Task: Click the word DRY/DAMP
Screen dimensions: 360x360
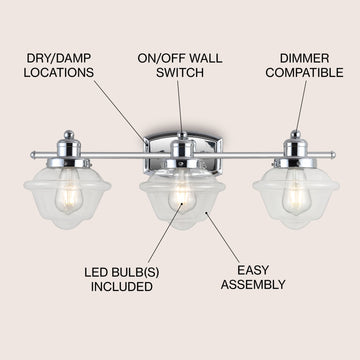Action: [x=58, y=58]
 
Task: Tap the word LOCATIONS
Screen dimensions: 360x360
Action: [x=58, y=73]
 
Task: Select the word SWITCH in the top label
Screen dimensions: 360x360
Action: [x=180, y=73]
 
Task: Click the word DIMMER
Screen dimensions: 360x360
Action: [x=304, y=58]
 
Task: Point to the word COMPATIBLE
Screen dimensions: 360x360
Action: [x=304, y=73]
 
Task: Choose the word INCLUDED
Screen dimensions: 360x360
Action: [x=122, y=287]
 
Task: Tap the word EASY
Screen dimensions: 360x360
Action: [x=253, y=270]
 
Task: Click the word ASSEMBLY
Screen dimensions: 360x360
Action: [x=253, y=285]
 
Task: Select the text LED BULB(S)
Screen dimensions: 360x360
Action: [x=122, y=272]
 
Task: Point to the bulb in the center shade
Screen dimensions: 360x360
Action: [x=182, y=197]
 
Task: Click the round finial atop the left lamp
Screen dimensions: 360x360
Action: [x=69, y=134]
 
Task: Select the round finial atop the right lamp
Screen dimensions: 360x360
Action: [x=295, y=134]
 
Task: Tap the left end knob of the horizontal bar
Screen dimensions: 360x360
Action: [x=33, y=155]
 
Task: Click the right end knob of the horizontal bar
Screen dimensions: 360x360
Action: [x=333, y=155]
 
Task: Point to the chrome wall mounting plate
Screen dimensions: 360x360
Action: [x=182, y=154]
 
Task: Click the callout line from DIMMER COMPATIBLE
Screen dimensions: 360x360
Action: [x=301, y=105]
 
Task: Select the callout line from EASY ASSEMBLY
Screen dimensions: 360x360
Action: [x=222, y=237]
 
